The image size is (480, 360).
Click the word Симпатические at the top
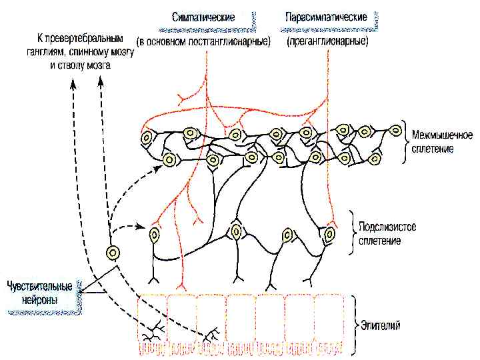pos(203,17)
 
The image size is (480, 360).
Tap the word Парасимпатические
pos(326,17)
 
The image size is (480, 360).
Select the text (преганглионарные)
pos(328,41)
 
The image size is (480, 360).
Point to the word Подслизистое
pos(387,227)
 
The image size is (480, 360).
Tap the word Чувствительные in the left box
pos(39,287)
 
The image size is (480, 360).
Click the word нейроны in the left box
pos(39,301)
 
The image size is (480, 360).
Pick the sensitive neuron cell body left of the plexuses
pos(113,253)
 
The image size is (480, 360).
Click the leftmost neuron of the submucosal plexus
pos(155,235)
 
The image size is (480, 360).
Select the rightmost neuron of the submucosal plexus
pos(329,234)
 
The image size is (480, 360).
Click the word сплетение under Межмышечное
pos(433,149)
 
